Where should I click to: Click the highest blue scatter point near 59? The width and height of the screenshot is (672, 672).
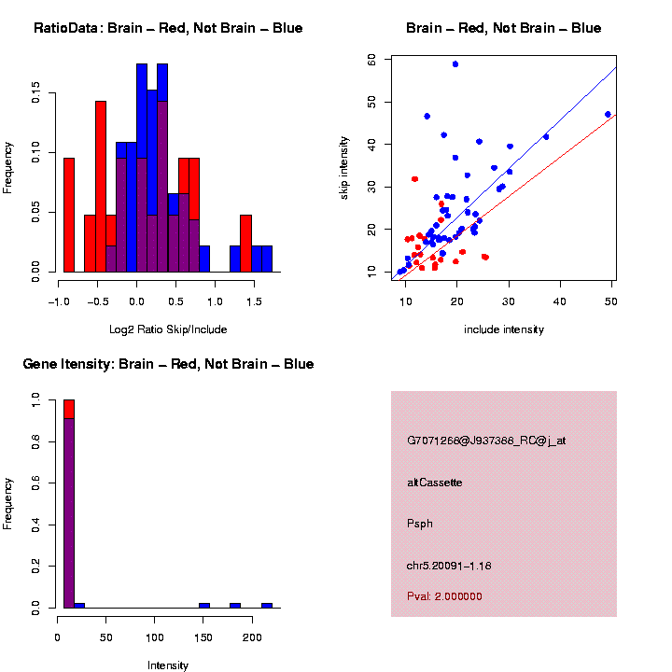pos(455,64)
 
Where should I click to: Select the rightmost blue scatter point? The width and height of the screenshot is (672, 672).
pos(608,115)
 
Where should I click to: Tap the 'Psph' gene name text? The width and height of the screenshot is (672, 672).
pos(420,524)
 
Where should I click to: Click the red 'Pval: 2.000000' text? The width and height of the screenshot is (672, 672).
pos(444,596)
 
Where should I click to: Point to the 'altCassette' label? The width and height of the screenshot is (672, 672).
pos(434,483)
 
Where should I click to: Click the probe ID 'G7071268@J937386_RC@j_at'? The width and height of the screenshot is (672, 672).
pos(486,441)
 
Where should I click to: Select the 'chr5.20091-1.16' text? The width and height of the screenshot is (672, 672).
pos(449,566)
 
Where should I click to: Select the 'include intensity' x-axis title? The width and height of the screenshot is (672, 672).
pos(504,329)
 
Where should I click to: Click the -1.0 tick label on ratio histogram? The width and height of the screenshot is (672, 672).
pos(59,301)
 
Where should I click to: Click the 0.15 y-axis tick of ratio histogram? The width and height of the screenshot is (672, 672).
pos(36,93)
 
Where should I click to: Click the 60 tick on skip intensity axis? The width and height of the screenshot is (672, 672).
pos(372,59)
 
